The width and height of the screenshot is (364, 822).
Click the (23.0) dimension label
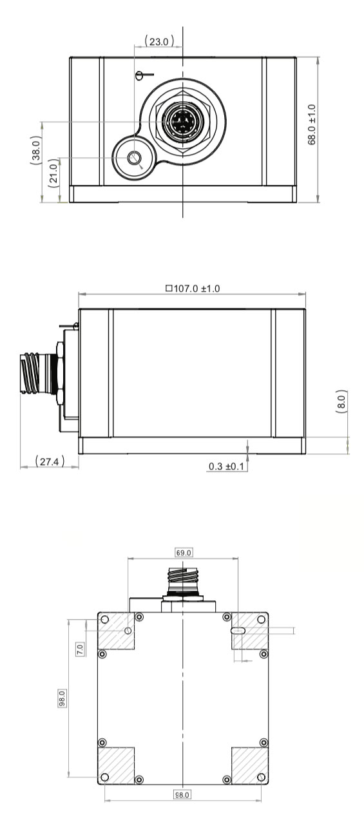[158, 41]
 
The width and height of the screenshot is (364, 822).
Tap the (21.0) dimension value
[53, 172]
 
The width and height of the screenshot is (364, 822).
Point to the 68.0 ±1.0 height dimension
[312, 125]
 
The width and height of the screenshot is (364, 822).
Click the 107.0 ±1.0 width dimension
[196, 288]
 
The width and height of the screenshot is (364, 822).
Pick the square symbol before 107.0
[169, 288]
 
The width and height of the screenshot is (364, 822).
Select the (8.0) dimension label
[341, 404]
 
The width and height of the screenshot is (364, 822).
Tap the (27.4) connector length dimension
[49, 461]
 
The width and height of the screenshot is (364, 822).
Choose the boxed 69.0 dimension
[184, 553]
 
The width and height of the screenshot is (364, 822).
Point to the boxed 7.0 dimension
[80, 648]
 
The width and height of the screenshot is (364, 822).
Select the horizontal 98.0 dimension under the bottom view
[182, 796]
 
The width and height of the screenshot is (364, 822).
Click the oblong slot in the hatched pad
[238, 631]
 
